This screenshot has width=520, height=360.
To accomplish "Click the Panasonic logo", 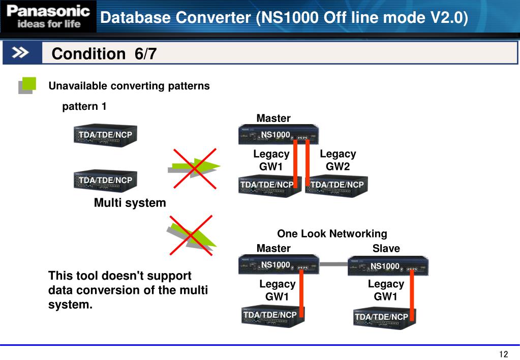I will click(48, 17).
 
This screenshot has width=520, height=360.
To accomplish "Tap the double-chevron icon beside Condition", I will click(21, 52).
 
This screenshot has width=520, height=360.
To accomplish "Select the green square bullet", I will click(27, 85).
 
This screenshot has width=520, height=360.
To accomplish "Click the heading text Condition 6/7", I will click(104, 54).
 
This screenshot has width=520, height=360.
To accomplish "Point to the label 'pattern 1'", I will click(84, 106).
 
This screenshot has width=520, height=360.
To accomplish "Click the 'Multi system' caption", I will click(130, 203).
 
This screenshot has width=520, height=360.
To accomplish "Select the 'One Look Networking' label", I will click(332, 233).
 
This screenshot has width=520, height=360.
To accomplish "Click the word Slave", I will click(386, 248).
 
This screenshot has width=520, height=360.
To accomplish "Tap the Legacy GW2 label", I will click(338, 160).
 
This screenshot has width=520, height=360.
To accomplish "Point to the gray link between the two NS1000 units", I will click(333, 264).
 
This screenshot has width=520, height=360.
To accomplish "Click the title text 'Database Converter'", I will click(175, 18).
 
